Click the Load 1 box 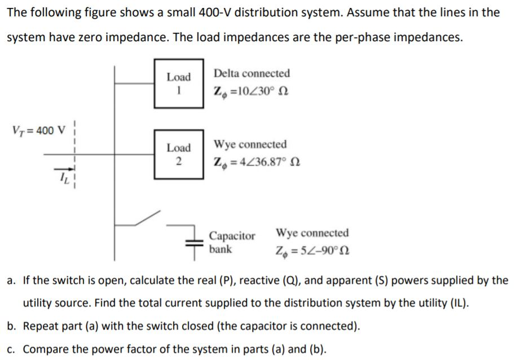coord(179,83)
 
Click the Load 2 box coord(179,154)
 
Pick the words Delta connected coord(251,73)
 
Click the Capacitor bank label coord(232,242)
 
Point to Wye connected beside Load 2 coord(250,144)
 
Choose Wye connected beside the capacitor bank coord(312,233)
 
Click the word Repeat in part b coord(40,326)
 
